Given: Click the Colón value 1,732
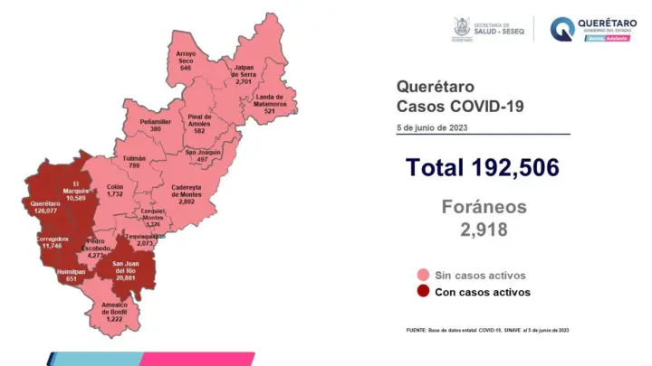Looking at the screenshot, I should point(114,194).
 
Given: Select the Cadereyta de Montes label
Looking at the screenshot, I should point(187,192).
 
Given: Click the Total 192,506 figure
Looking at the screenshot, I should point(482,167).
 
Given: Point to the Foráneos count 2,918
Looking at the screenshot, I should point(483,230).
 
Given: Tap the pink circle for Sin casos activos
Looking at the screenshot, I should point(423,275).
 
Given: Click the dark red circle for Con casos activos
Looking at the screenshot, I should point(423,292).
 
